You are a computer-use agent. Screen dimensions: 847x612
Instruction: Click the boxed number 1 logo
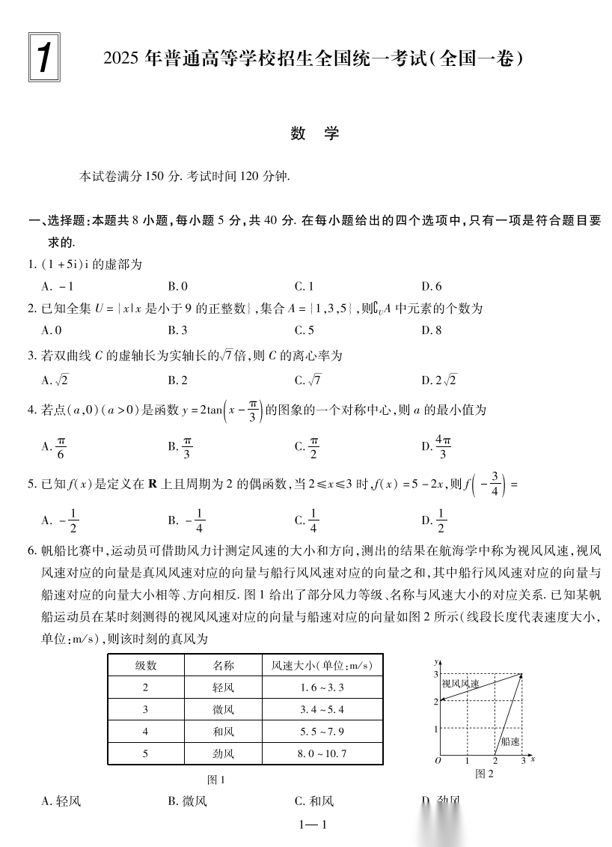pos(45,56)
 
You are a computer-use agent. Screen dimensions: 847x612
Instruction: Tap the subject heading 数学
pos(315,133)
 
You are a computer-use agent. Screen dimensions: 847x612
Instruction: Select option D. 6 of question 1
pos(432,286)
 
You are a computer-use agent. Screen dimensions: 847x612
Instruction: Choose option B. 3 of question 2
pos(177,330)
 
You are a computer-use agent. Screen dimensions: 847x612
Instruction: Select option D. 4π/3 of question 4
pos(436,446)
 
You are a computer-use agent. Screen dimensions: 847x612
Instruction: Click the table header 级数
pos(145,665)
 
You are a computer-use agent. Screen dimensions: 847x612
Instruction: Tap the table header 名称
pos(223,665)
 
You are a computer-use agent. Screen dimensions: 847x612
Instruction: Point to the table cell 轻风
pos(223,687)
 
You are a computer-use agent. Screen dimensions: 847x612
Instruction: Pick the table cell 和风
pos(223,732)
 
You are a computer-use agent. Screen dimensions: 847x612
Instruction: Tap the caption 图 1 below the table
pos(216,780)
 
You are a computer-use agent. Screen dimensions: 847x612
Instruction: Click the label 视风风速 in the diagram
pos(460,683)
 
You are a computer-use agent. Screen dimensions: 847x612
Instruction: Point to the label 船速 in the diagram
pos(510,741)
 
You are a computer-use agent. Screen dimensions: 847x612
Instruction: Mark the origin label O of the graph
pos(437,761)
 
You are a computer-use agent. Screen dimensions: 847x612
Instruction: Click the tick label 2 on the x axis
pos(495,761)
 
